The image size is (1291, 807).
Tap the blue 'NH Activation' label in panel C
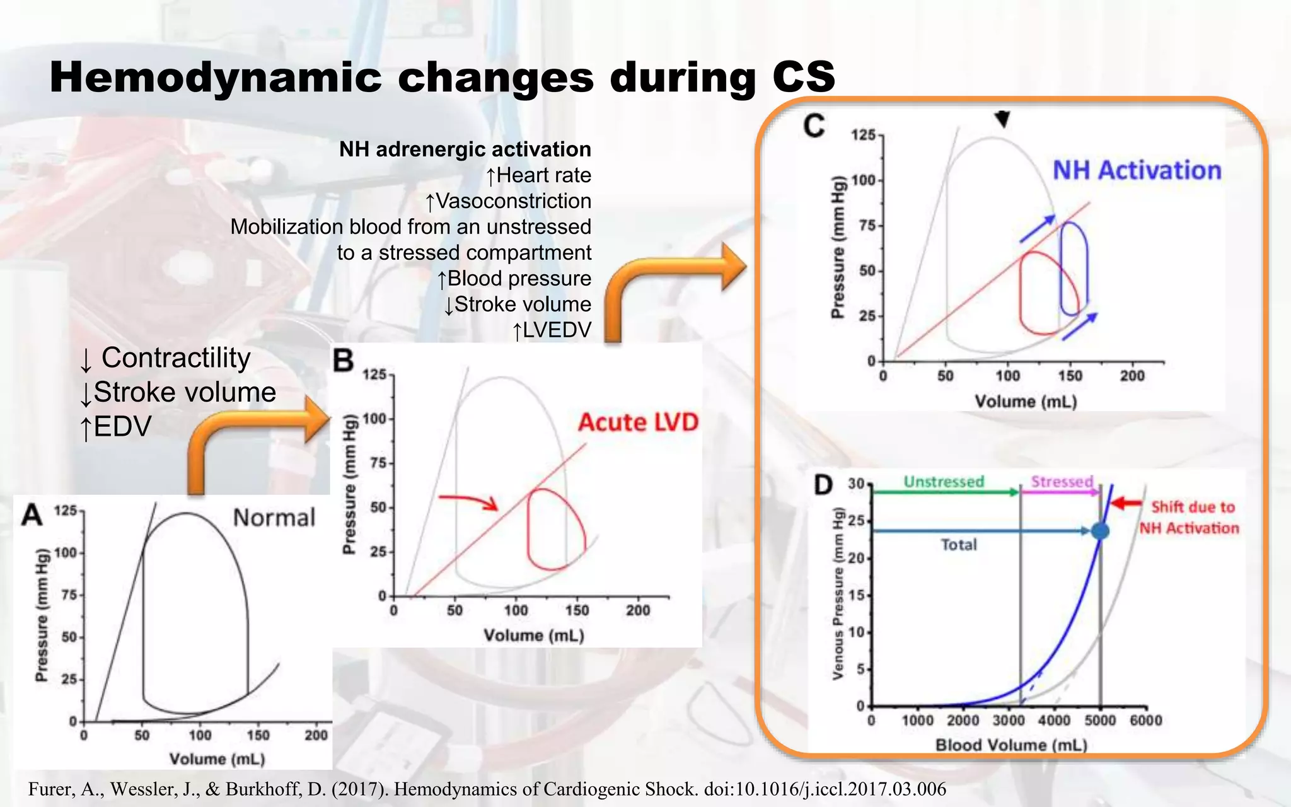click(x=1137, y=171)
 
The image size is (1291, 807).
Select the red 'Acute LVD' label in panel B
click(x=638, y=422)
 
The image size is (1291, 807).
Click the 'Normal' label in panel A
click(x=274, y=518)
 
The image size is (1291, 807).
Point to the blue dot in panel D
click(x=1099, y=531)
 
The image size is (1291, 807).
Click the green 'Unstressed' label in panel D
click(x=944, y=482)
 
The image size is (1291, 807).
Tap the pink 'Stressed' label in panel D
click(x=1062, y=482)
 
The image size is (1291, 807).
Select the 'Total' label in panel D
click(x=959, y=545)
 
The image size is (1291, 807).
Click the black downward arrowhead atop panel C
click(x=1002, y=119)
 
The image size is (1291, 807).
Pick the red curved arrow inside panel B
click(x=470, y=501)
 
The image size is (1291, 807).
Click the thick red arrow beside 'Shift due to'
click(x=1126, y=503)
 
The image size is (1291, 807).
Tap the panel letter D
click(x=823, y=485)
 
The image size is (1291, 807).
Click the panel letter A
click(x=32, y=515)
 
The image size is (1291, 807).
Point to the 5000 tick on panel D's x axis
click(x=1100, y=721)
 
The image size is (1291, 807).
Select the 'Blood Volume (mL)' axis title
click(x=1011, y=745)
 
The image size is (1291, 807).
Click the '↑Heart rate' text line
click(x=538, y=175)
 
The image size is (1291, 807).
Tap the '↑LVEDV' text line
click(x=552, y=330)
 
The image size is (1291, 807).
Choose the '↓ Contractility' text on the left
click(x=165, y=358)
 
